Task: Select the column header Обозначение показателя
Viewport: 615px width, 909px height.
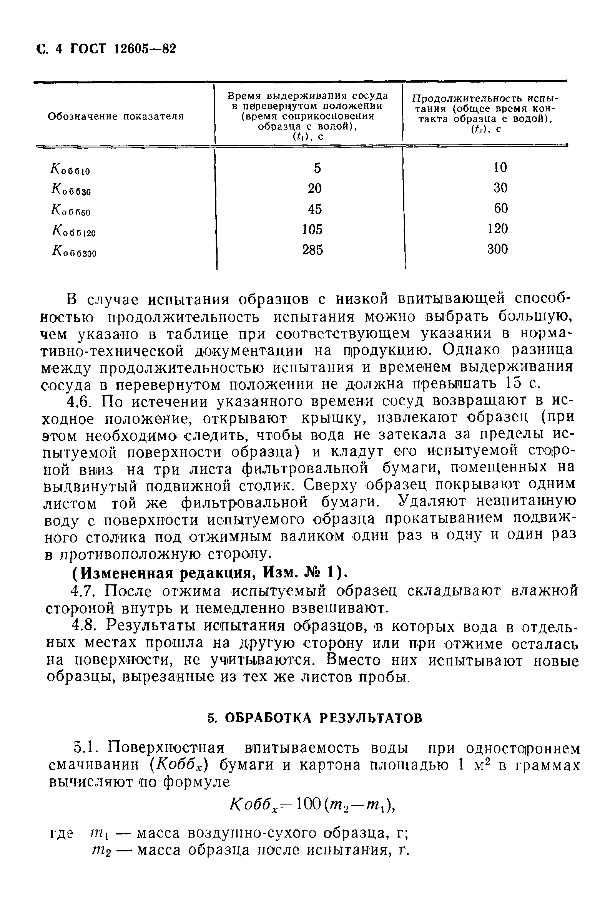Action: coord(116,116)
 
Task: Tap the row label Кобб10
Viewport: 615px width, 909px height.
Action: coord(70,169)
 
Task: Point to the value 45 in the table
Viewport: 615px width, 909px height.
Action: coord(314,209)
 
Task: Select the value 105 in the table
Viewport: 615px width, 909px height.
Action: coord(312,229)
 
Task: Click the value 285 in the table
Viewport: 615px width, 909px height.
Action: coord(312,250)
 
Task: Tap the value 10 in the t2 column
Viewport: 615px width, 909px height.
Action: coord(500,168)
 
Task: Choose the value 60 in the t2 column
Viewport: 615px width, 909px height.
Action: coord(501,208)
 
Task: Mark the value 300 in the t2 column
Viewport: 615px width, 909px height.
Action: coord(498,249)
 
